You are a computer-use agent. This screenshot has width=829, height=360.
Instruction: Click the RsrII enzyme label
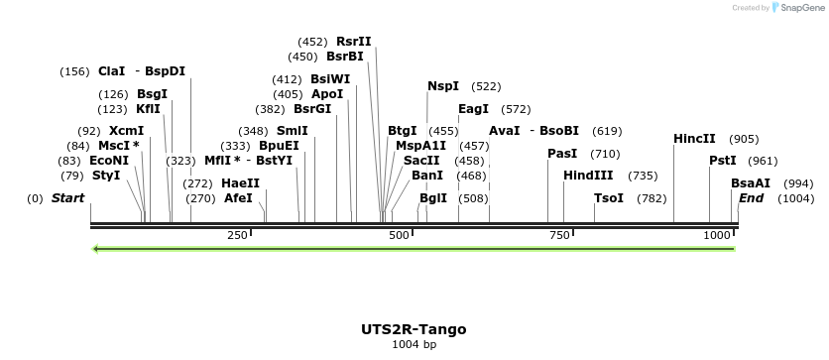coord(353,42)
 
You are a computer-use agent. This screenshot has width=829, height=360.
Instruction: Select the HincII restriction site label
coord(694,139)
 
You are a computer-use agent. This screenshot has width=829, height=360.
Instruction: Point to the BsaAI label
coord(750,183)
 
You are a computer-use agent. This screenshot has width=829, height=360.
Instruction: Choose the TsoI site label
coord(609,198)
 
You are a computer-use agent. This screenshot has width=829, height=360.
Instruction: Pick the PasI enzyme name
coord(562,154)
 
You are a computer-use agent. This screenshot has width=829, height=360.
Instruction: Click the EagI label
coord(473,109)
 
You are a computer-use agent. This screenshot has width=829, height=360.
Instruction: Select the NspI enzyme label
coord(443,86)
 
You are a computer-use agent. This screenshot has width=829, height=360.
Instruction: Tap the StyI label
coord(106,176)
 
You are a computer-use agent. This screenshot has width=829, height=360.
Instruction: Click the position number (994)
coord(798,183)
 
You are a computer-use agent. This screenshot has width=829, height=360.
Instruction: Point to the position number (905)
coord(744,139)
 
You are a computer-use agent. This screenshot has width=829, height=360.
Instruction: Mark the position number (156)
coord(74,71)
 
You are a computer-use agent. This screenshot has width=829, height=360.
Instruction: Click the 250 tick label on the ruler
coord(237,235)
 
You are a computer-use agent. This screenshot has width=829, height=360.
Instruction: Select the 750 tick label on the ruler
coord(559,235)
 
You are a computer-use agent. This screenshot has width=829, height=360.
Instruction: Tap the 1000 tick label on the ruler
coord(717,235)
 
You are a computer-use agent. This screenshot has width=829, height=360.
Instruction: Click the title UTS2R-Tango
coord(414,329)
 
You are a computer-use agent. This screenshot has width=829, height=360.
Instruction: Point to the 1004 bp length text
coord(414,345)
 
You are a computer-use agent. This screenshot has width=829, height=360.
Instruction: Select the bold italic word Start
coord(67,198)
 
